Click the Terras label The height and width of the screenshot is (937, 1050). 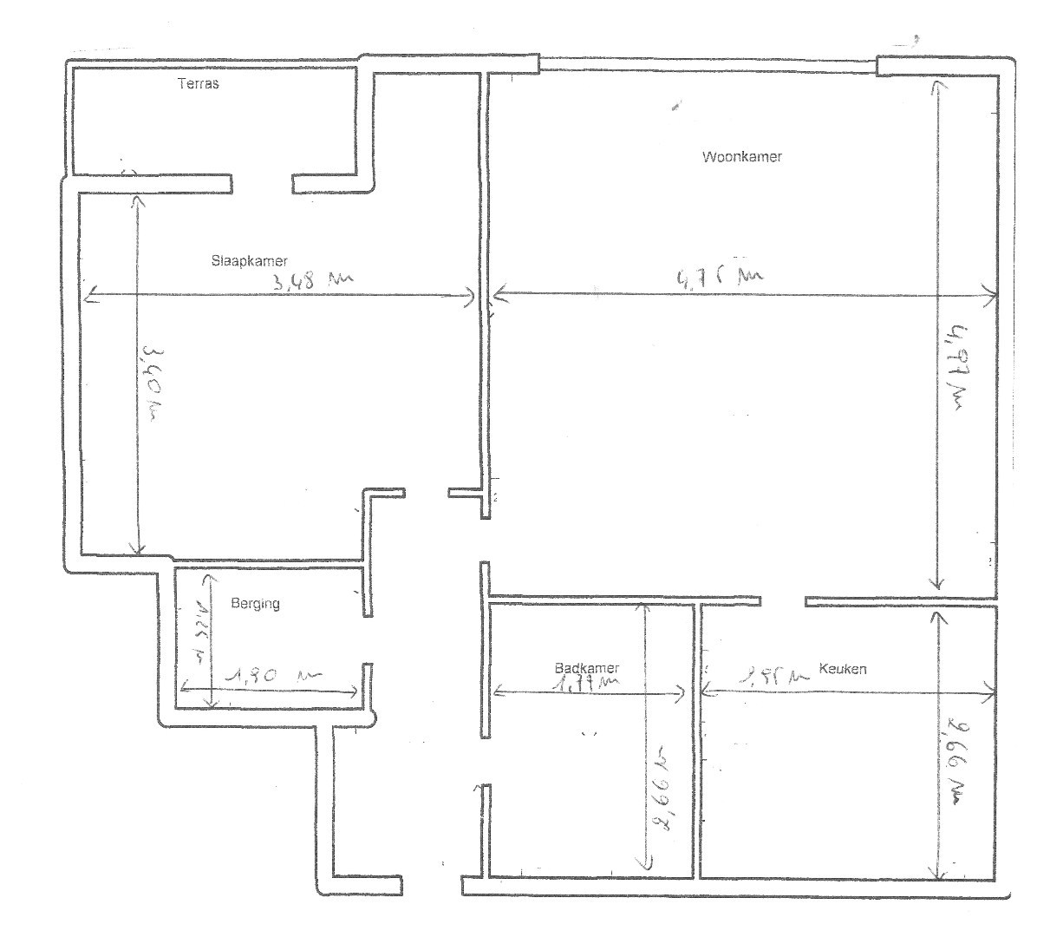pyautogui.click(x=198, y=84)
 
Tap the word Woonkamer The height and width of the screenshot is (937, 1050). pyautogui.click(x=742, y=157)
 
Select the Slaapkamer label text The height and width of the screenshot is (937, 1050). pyautogui.click(x=249, y=260)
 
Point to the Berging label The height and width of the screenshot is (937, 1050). pyautogui.click(x=255, y=603)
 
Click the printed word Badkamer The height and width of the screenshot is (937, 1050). pyautogui.click(x=587, y=668)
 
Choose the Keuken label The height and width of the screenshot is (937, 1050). pyautogui.click(x=843, y=669)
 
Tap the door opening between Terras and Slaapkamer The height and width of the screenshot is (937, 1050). pyautogui.click(x=262, y=183)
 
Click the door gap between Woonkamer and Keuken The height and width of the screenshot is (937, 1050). pyautogui.click(x=783, y=601)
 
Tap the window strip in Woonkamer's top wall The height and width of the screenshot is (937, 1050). pyautogui.click(x=708, y=63)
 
